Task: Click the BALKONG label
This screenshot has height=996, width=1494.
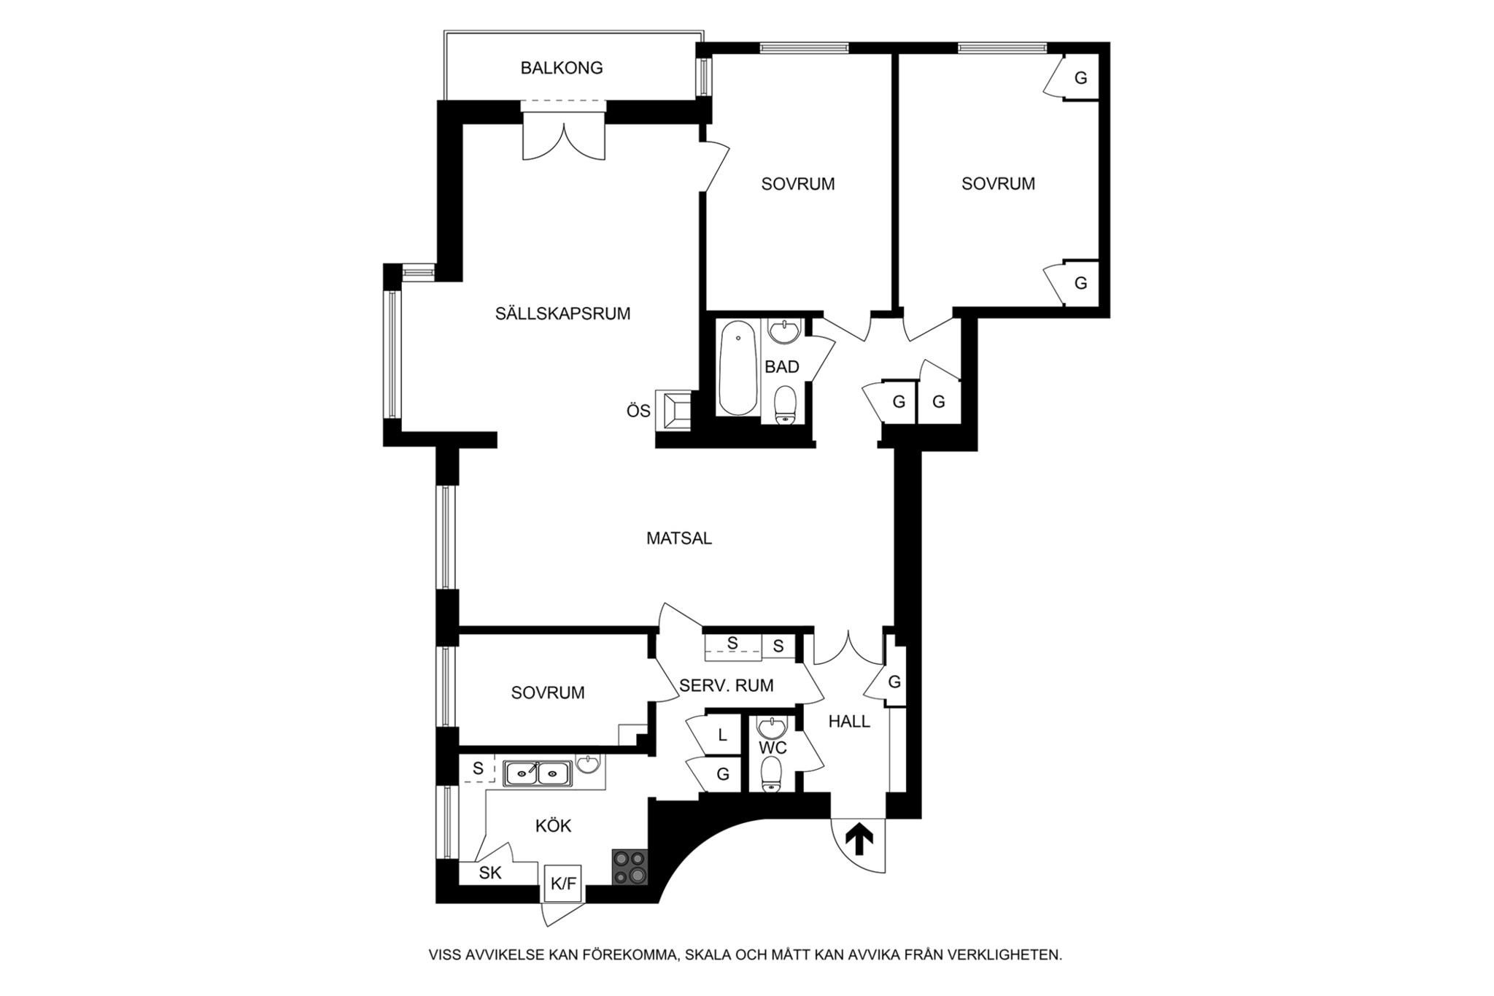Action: (562, 68)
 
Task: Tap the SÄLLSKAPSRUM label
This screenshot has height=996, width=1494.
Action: (562, 314)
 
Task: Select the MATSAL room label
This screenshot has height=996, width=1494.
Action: (679, 538)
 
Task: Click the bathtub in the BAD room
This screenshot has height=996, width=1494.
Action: (738, 368)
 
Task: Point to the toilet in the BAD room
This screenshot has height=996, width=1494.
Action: (785, 404)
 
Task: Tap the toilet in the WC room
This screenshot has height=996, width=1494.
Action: (772, 774)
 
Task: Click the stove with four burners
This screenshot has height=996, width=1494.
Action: (630, 867)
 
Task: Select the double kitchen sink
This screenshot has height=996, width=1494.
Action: (538, 773)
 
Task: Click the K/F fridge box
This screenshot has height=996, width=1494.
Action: (563, 884)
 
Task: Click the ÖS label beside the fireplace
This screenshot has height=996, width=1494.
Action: (638, 412)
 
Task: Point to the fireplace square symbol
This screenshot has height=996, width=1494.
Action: (673, 412)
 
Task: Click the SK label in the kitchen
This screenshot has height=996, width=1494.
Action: (490, 873)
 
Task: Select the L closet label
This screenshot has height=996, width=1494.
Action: (723, 736)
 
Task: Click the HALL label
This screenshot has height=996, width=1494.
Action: (850, 722)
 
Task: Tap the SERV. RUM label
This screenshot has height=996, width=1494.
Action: (727, 686)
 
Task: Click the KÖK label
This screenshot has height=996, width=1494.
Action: (553, 825)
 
